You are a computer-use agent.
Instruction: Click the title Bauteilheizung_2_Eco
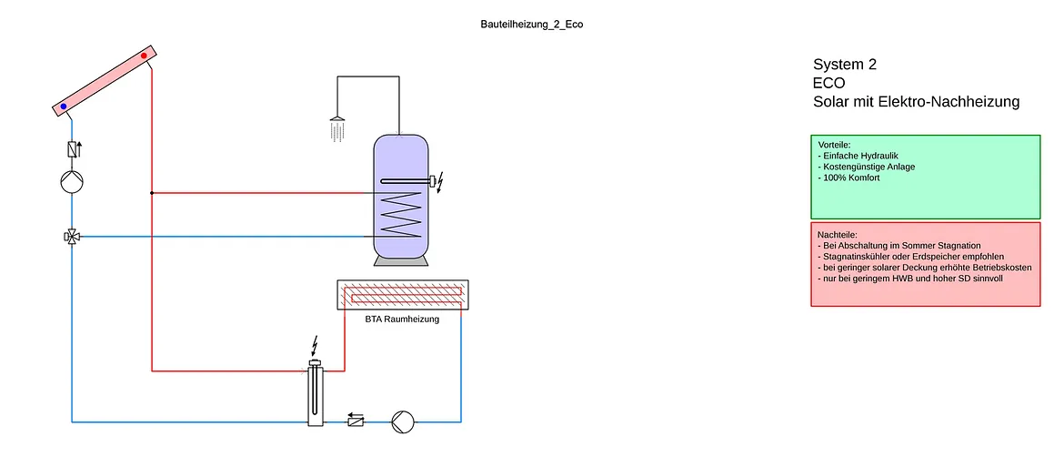click(x=531, y=25)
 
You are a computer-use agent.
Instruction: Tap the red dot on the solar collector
click(x=144, y=56)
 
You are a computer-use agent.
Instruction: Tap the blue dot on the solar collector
click(x=64, y=107)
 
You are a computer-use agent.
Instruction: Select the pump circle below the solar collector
click(x=72, y=181)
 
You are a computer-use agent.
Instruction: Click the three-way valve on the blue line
click(x=72, y=237)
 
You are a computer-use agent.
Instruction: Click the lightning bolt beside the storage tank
click(x=442, y=181)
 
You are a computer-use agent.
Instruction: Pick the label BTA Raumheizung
click(x=402, y=320)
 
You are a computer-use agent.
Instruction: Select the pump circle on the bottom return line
click(x=402, y=421)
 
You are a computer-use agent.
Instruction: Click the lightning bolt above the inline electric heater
click(x=316, y=345)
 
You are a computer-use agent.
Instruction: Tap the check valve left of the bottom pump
click(x=356, y=421)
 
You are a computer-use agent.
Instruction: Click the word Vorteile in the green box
click(x=834, y=145)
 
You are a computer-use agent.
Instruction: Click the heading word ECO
click(x=829, y=83)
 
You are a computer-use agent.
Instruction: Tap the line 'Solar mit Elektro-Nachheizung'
click(x=916, y=102)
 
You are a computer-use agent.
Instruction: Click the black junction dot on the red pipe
click(x=151, y=193)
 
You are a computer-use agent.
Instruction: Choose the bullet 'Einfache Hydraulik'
click(x=859, y=156)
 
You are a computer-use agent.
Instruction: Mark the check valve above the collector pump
click(x=72, y=149)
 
